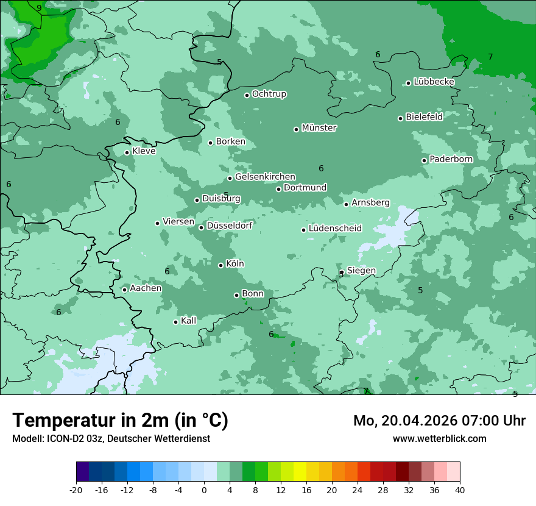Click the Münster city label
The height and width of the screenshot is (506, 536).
[319, 128]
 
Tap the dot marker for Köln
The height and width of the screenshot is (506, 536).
[220, 265]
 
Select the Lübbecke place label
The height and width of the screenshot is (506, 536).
[434, 82]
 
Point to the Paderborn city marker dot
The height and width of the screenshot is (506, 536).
[425, 160]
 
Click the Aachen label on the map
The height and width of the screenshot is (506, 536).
[146, 288]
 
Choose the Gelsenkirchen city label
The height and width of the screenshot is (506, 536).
[265, 177]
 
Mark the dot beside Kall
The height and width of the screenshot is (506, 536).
[175, 322]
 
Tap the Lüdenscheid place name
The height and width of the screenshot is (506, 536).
[335, 229]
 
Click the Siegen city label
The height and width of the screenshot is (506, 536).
[361, 271]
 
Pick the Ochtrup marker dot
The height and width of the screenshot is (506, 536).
[247, 95]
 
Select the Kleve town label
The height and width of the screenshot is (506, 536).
[144, 151]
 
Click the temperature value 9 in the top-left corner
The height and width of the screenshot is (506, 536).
[39, 8]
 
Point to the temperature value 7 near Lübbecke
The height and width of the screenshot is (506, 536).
[490, 57]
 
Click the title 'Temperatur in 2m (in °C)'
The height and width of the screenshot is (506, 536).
[120, 421]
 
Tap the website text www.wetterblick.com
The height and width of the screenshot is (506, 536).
[439, 438]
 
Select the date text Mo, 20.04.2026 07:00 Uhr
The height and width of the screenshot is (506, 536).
[439, 421]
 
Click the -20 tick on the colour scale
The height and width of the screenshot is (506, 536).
[76, 490]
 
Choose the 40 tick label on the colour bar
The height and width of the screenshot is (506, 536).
[459, 490]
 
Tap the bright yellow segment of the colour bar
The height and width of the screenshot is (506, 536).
[300, 472]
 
